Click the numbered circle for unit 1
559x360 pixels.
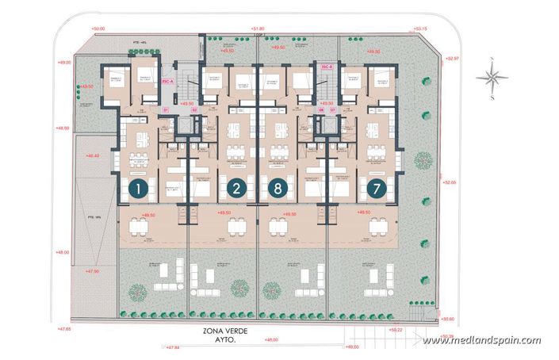click(x=139, y=189)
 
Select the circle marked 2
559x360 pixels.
click(x=235, y=189)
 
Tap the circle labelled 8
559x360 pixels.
click(x=277, y=189)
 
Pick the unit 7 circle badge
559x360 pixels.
click(x=373, y=189)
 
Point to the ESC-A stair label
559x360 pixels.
click(x=167, y=81)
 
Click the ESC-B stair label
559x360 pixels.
click(x=325, y=69)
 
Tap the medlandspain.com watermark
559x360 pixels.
click(x=481, y=341)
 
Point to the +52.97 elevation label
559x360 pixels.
click(x=453, y=58)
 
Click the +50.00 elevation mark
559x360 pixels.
click(x=98, y=29)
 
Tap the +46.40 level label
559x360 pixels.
click(x=91, y=155)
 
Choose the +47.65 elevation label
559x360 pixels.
click(x=64, y=327)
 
